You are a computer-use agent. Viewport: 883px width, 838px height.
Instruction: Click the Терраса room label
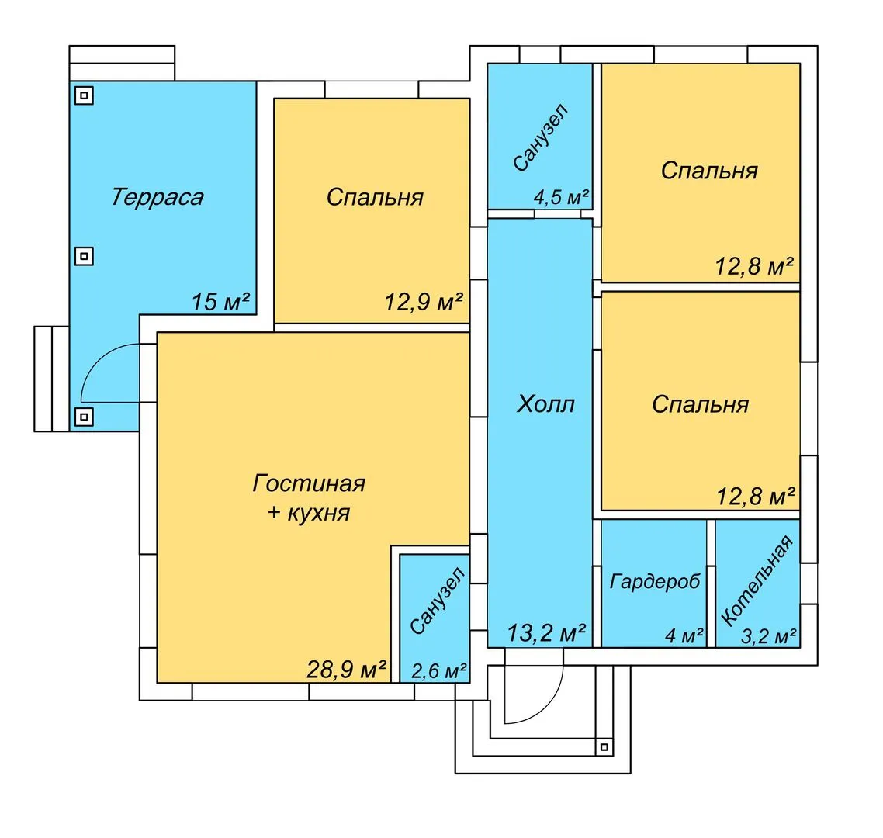click(157, 197)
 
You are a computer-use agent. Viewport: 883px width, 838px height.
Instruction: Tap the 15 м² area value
click(220, 302)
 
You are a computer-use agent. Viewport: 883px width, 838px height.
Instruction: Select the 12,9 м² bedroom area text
click(424, 302)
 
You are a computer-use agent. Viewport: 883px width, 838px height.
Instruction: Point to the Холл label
click(545, 404)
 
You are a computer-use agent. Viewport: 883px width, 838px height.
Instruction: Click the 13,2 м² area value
click(546, 633)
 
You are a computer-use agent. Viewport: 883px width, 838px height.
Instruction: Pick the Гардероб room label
click(655, 581)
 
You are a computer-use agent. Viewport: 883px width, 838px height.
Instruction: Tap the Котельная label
click(757, 580)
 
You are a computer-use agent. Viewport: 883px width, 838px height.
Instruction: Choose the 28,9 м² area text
click(346, 669)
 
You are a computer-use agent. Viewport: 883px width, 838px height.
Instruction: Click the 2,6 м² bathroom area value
click(438, 670)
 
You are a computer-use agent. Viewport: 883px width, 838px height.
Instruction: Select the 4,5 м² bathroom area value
click(561, 197)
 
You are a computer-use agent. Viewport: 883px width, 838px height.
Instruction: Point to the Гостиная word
click(309, 483)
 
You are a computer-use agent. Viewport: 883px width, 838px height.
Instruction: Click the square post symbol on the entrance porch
click(604, 747)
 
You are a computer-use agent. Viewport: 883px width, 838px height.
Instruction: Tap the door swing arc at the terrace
click(99, 358)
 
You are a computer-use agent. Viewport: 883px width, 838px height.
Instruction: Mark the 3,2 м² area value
click(768, 636)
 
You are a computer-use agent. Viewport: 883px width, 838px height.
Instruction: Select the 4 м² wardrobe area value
click(684, 636)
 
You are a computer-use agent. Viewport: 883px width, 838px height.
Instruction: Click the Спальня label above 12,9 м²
click(375, 198)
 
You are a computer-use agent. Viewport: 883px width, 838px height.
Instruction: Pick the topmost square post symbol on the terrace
click(84, 95)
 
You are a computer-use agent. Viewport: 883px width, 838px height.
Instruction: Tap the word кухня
click(319, 513)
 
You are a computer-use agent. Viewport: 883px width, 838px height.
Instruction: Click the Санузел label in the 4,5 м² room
click(541, 137)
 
